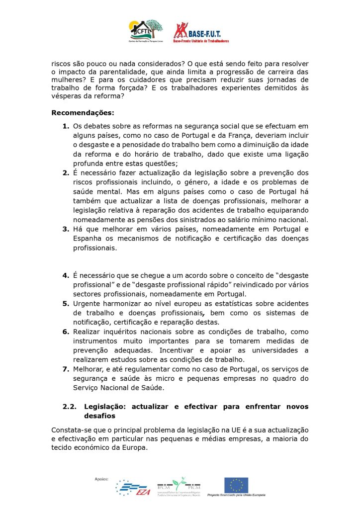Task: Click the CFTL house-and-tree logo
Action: coord(146,31)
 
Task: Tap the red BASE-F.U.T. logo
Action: coord(201,32)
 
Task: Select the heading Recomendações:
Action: coord(83,112)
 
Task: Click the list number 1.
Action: coord(66,126)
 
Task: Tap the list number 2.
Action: coord(66,173)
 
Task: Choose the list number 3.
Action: coord(66,229)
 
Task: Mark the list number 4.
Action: coord(66,275)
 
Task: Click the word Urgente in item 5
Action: coord(87,303)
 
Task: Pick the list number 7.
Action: coord(66,369)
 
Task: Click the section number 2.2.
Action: coord(70,406)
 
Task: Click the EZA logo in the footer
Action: coord(132,489)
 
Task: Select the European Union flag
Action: coord(236,485)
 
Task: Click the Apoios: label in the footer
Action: coord(101,479)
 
